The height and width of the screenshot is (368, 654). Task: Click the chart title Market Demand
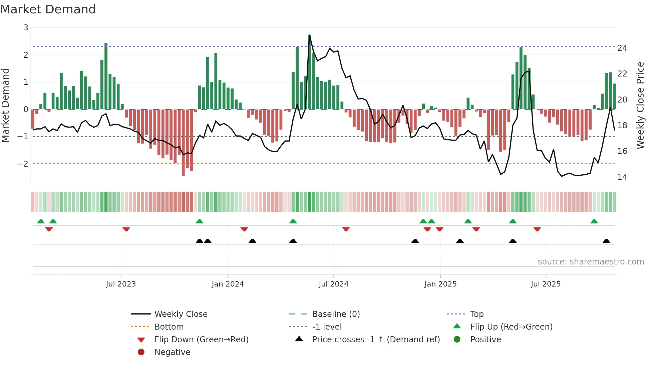point(48,9)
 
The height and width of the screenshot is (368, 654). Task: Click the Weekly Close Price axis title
point(640,105)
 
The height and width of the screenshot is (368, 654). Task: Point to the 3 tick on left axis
point(26,28)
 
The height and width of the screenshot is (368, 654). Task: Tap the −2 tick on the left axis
point(23,164)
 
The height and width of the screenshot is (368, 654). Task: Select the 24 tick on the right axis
point(622,48)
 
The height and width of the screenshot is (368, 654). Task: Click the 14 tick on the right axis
point(622,177)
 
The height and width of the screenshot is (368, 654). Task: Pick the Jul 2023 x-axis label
point(121,284)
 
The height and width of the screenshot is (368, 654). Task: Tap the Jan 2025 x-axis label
point(440,284)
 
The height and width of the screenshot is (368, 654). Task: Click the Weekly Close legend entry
point(181,314)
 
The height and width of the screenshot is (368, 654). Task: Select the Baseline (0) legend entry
point(336,314)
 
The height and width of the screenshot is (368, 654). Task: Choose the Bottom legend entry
point(169,327)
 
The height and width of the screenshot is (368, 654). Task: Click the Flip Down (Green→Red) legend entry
point(201,339)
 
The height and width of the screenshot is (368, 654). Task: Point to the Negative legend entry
point(172,352)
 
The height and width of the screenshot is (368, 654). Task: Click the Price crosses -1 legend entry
point(376,339)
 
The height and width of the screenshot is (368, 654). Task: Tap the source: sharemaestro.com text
point(591,261)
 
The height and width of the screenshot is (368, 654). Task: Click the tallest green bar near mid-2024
point(309,72)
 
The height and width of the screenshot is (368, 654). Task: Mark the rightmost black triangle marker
point(606,241)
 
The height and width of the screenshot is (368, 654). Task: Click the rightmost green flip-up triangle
point(594,221)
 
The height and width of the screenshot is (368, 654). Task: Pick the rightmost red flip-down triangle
point(537,229)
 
